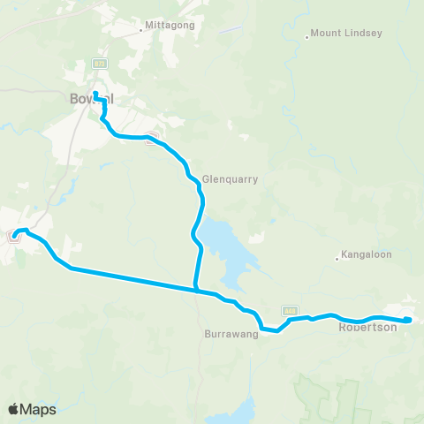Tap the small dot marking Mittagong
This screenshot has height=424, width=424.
[140, 30]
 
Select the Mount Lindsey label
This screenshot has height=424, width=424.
[347, 34]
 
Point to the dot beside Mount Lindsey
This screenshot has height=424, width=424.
[307, 36]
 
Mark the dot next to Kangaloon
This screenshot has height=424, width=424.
[337, 259]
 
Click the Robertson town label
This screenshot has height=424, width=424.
[368, 327]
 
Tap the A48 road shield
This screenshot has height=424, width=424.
[289, 310]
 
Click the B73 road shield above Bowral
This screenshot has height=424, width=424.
[100, 64]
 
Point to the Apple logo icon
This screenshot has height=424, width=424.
[14, 409]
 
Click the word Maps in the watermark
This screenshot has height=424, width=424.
[39, 409]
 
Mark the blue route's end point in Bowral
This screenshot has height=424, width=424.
[95, 94]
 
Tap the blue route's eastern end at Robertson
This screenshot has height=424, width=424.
[408, 320]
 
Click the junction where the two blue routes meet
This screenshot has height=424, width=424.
[195, 288]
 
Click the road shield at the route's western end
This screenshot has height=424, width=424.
[14, 235]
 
